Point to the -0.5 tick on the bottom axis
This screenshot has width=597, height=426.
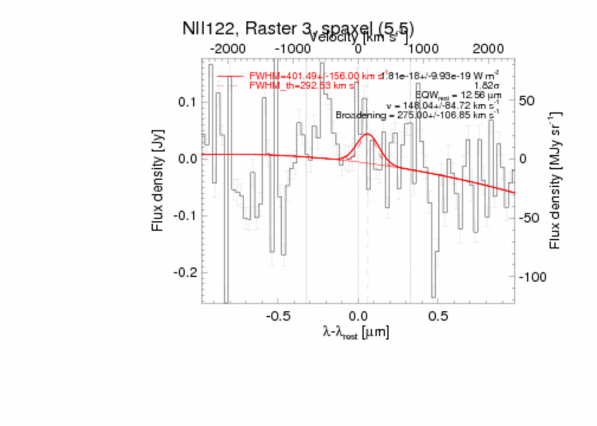276,314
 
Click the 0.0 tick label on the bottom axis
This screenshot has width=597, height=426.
358,314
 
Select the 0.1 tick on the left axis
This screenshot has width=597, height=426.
187,102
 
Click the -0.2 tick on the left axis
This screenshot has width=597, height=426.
184,273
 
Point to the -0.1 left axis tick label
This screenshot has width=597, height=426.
184,215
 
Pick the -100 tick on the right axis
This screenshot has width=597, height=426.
531,277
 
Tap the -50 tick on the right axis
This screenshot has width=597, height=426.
528,218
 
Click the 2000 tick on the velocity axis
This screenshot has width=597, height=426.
488,49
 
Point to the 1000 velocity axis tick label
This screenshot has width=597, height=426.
423,49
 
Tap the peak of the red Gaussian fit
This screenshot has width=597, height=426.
367,134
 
